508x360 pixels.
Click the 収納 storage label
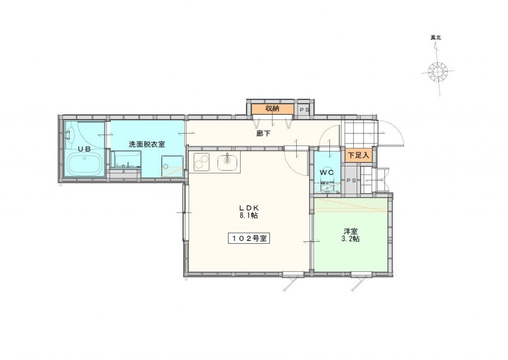272,109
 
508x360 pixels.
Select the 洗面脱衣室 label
147,144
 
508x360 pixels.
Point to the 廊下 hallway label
263,133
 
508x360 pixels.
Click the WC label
326,172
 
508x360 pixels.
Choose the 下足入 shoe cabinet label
358,155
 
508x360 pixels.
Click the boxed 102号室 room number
249,238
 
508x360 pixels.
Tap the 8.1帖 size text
249,216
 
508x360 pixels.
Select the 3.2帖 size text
351,239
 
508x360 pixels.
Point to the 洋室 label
351,231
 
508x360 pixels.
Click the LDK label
249,208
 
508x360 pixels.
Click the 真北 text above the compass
437,38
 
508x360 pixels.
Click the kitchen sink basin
228,161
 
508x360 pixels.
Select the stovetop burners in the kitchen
201,162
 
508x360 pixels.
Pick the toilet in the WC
327,187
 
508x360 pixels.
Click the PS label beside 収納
303,109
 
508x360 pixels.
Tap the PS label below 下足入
351,180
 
